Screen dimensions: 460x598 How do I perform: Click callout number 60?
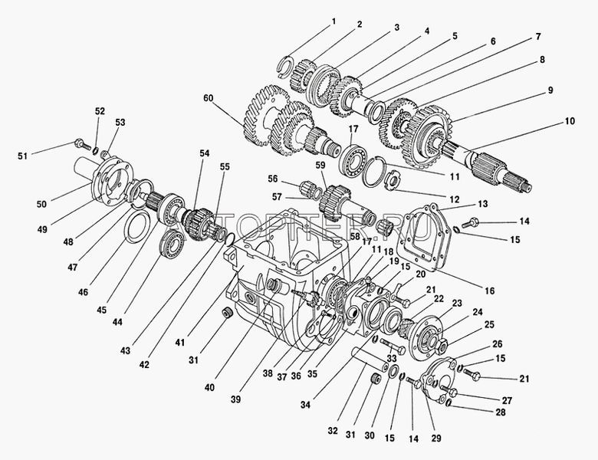pyautogui.click(x=209, y=98)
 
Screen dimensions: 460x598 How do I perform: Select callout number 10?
pyautogui.click(x=570, y=121)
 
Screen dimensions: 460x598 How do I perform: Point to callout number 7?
pyautogui.click(x=537, y=36)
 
